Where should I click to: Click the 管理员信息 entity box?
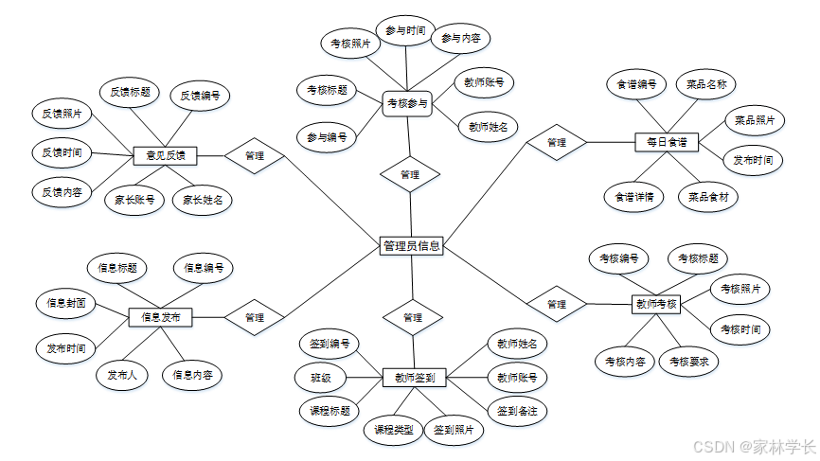[411, 246]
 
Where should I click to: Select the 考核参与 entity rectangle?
[407, 103]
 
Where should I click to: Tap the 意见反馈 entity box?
[165, 155]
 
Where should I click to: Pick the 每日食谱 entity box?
[666, 142]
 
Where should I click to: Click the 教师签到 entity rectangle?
[414, 377]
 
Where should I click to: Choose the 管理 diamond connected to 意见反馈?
[254, 155]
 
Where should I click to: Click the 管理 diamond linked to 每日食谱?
[557, 142]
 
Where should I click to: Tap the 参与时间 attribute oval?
[405, 30]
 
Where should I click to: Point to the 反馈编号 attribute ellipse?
[201, 95]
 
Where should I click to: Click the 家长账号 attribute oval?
[134, 200]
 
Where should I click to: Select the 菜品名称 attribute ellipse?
[706, 84]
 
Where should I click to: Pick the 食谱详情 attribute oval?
[633, 197]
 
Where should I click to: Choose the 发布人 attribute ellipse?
[121, 375]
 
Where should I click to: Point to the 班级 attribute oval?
[320, 377]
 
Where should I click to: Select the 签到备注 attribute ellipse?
[517, 411]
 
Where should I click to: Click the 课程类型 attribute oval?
[394, 430]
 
